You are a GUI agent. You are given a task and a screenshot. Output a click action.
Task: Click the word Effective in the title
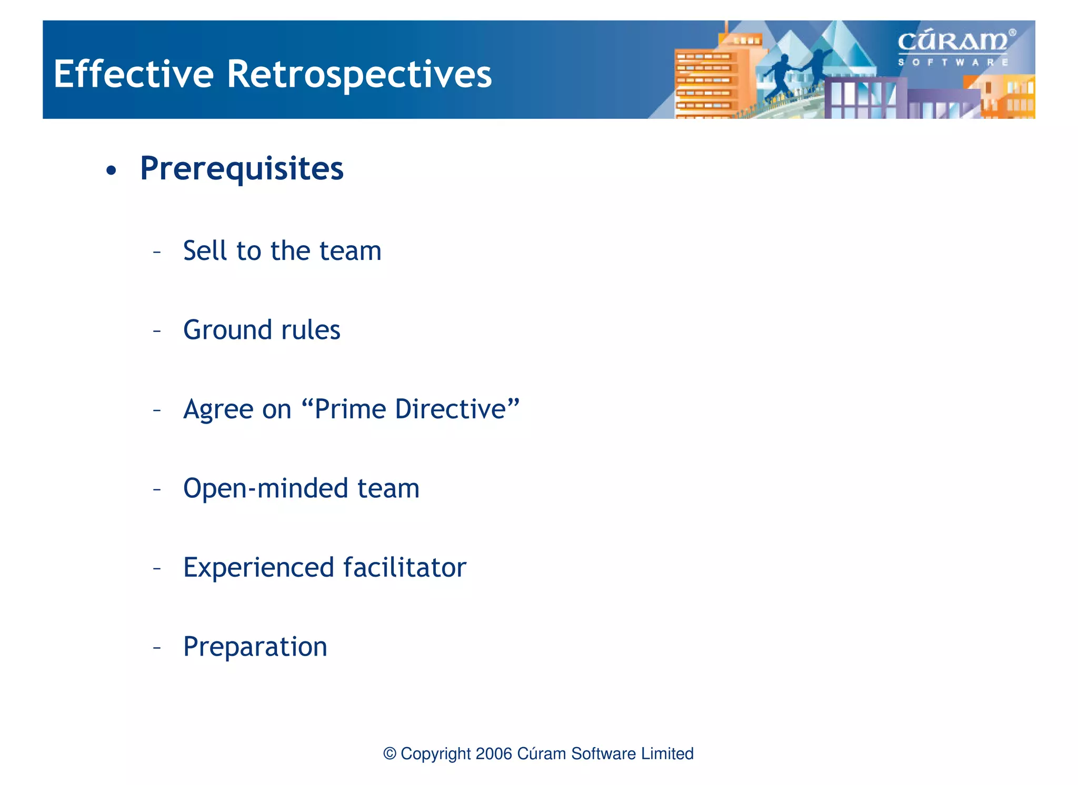133,74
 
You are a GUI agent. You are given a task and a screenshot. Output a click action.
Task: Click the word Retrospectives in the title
359,74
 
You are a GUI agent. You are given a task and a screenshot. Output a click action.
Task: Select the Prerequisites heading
242,169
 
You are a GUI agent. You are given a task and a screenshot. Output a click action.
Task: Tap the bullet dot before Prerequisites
111,170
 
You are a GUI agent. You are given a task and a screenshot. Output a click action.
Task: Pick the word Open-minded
265,488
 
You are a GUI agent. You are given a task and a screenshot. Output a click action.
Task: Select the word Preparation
255,647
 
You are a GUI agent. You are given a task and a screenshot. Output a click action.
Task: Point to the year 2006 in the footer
493,753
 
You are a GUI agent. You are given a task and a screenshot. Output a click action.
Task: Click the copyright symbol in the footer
390,753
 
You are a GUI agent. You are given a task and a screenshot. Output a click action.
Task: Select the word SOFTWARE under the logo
953,62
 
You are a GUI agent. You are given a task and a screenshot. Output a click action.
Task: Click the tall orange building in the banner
705,79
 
